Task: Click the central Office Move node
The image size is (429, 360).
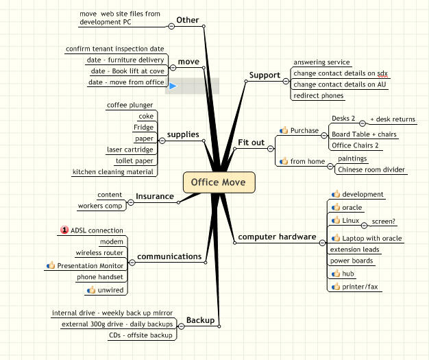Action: pos(219,182)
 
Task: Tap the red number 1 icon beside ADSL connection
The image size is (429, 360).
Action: pos(64,230)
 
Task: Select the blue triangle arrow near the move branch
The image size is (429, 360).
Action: pos(173,86)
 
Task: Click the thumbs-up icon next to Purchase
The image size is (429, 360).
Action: pos(284,130)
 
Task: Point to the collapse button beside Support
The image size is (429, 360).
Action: pos(286,81)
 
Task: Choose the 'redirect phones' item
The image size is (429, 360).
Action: pos(319,95)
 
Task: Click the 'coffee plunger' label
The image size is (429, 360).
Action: pos(130,105)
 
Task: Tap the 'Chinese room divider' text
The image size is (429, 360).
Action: pos(371,169)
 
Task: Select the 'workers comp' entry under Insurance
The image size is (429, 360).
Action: pos(100,206)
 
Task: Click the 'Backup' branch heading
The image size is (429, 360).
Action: pos(200,320)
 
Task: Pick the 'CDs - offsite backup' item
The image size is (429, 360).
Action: pos(140,335)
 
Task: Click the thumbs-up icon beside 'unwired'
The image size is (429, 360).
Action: pos(91,289)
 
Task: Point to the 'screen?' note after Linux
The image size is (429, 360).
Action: pos(383,221)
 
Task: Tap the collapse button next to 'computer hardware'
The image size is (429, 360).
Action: pos(322,243)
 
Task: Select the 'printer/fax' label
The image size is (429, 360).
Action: pos(360,287)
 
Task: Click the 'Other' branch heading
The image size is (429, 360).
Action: pos(187,20)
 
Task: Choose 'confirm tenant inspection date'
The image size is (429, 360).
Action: pos(115,49)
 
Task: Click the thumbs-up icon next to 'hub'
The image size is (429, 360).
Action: pos(336,273)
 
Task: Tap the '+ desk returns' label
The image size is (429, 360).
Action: pos(393,119)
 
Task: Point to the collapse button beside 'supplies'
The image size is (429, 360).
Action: pos(162,141)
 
